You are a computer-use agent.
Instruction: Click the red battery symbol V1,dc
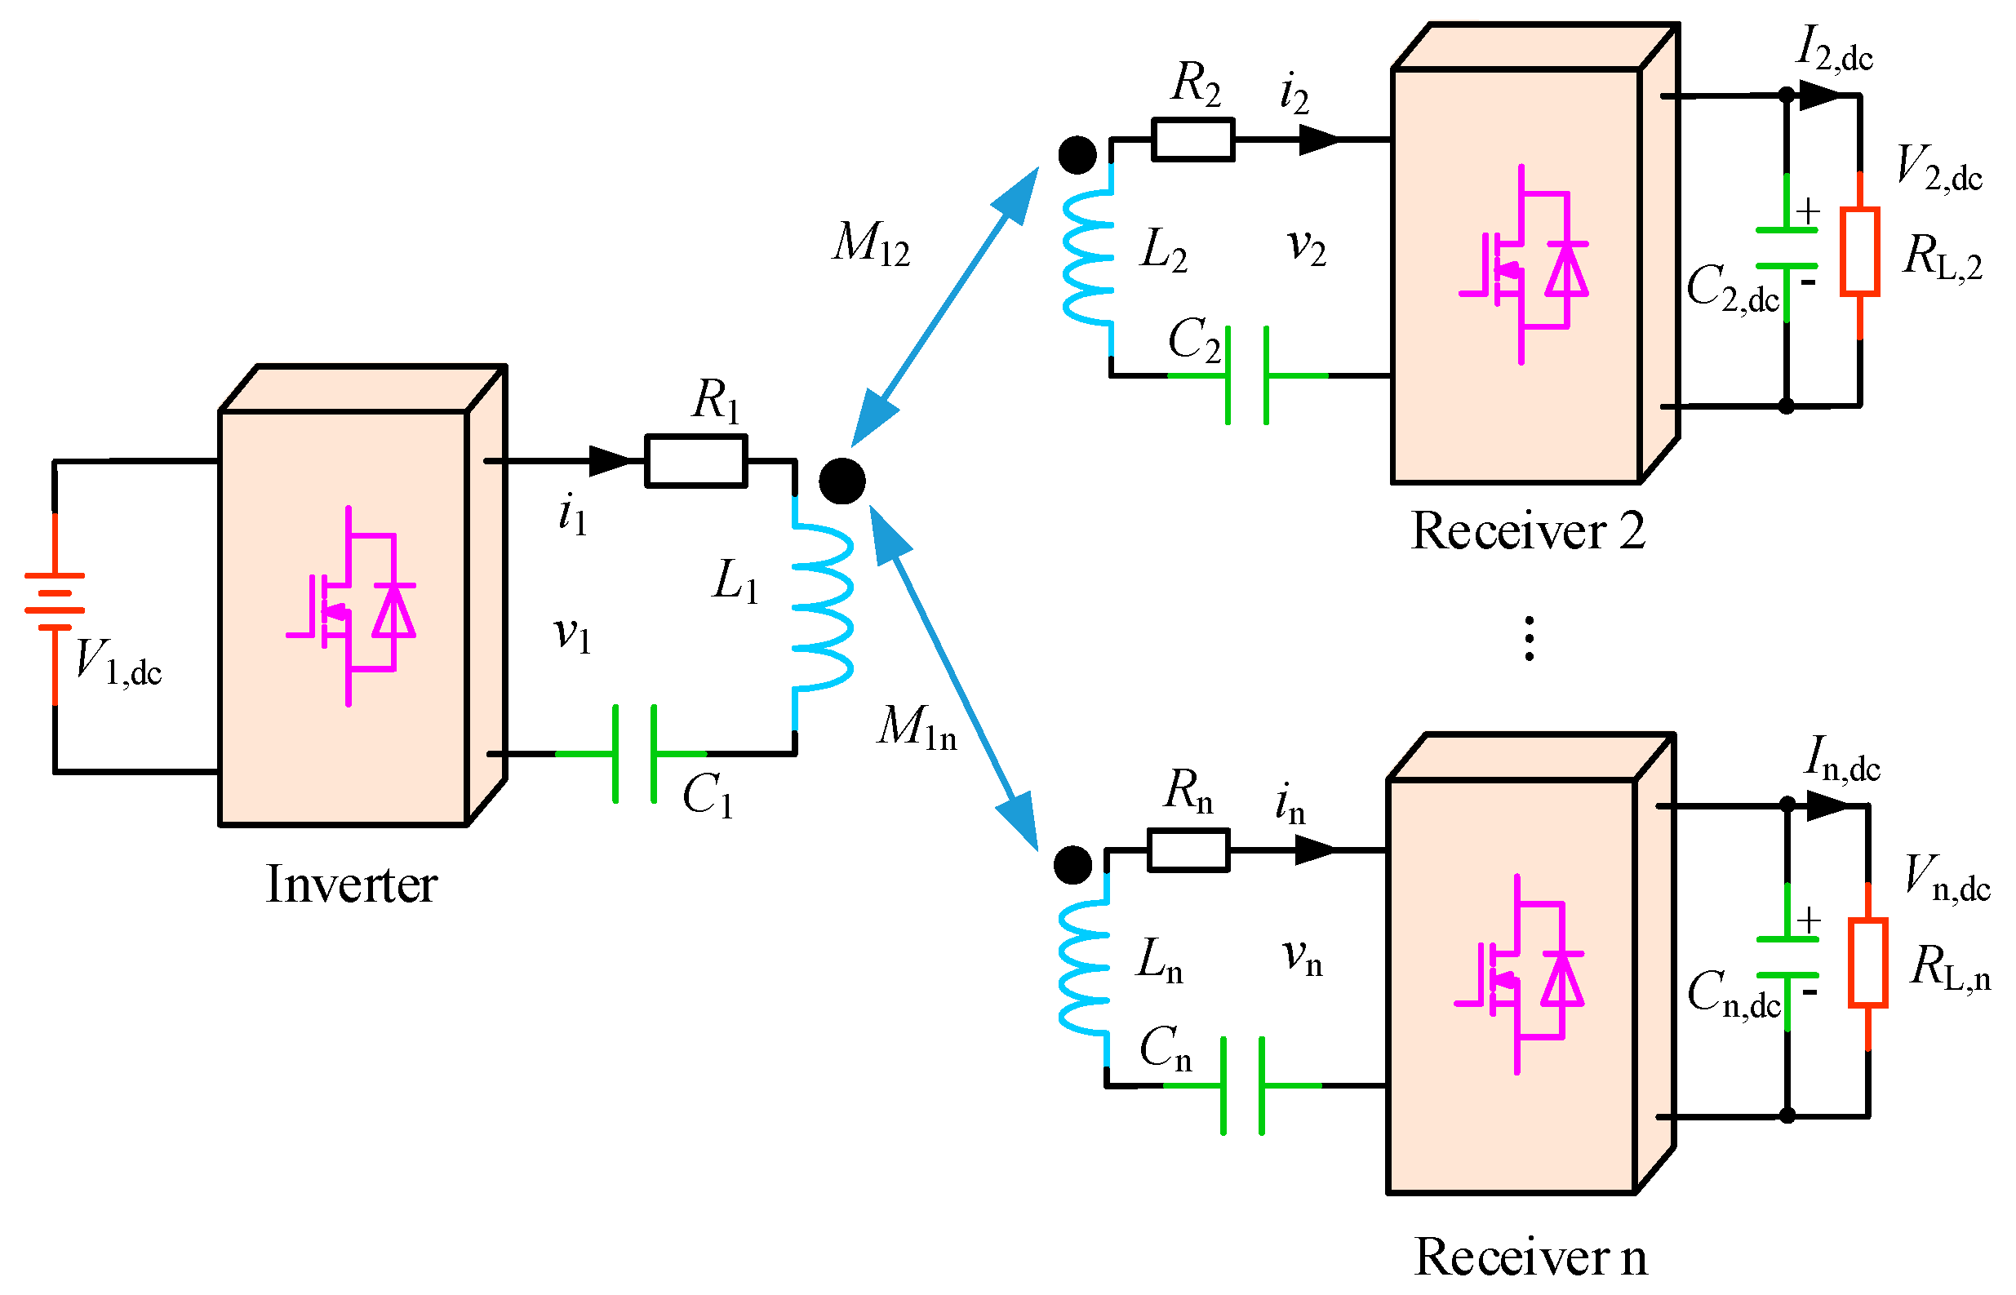point(55,602)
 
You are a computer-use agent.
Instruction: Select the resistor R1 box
point(696,461)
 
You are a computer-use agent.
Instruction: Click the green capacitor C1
point(635,754)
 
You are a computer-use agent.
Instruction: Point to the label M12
point(872,244)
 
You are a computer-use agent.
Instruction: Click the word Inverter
point(352,885)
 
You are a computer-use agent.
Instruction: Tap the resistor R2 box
point(1192,140)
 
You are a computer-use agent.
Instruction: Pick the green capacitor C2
point(1246,375)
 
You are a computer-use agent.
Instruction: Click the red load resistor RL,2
point(1859,252)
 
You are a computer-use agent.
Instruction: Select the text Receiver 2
point(1527,531)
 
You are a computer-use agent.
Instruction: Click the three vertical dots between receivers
point(1529,638)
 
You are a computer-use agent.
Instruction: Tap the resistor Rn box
point(1188,850)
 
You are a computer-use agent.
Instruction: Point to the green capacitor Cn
point(1242,1085)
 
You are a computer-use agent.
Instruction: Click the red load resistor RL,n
point(1867,963)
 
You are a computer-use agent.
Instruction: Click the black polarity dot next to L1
point(841,481)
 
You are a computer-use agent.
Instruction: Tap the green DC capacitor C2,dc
point(1787,248)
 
